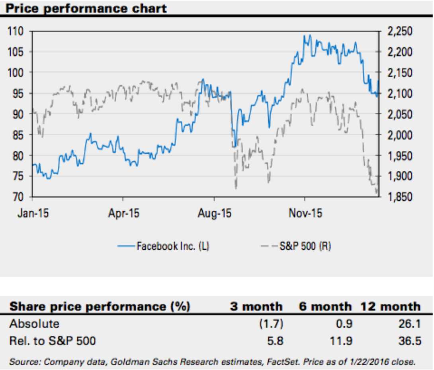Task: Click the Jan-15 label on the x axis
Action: [33, 213]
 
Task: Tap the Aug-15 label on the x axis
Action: [214, 213]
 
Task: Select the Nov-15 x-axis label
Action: [305, 213]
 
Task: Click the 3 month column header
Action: [256, 307]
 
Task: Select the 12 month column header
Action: [390, 307]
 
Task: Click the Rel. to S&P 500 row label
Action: [53, 341]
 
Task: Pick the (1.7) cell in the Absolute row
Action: [271, 323]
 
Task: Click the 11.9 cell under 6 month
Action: [342, 341]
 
